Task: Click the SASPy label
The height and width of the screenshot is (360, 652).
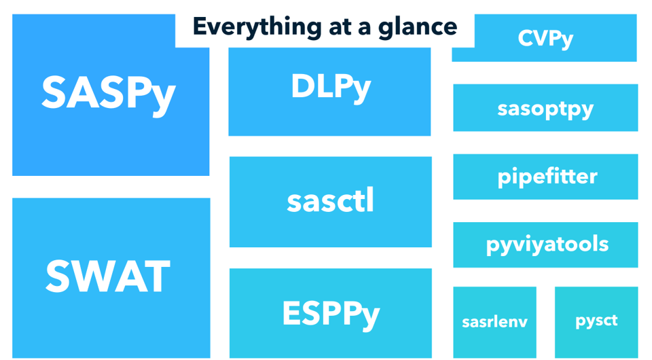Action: pyautogui.click(x=109, y=93)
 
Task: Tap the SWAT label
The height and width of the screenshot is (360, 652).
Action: pyautogui.click(x=108, y=277)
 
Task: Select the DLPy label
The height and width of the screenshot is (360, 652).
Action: pyautogui.click(x=331, y=87)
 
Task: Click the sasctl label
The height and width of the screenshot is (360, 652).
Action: pyautogui.click(x=330, y=202)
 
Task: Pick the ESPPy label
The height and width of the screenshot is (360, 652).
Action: pyautogui.click(x=331, y=313)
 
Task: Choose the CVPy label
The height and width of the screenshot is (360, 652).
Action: pyautogui.click(x=545, y=39)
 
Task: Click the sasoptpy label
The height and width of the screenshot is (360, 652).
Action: pyautogui.click(x=545, y=108)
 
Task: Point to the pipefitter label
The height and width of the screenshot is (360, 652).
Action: pyautogui.click(x=547, y=177)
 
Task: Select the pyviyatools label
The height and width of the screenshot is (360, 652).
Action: pyautogui.click(x=547, y=245)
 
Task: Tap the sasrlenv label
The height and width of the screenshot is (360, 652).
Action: pyautogui.click(x=494, y=321)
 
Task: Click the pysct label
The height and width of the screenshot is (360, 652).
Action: pyautogui.click(x=596, y=321)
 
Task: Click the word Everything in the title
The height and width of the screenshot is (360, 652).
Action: pyautogui.click(x=245, y=27)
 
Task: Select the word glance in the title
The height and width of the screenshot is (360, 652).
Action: pyautogui.click(x=422, y=27)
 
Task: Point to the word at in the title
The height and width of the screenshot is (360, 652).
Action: pyautogui.click(x=327, y=27)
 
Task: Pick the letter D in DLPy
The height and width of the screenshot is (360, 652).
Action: pyautogui.click(x=304, y=86)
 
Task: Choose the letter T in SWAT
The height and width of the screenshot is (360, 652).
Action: pyautogui.click(x=156, y=277)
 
